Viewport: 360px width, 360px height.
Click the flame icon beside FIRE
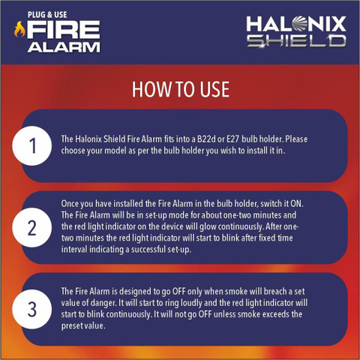tap(19, 29)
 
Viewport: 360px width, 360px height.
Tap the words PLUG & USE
tap(47, 15)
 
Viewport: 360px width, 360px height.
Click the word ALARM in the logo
tap(64, 47)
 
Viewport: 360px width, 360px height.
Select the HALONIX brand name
tap(296, 24)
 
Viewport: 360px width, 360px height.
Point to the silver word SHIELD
tap(297, 41)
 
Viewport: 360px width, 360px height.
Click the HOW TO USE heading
tap(181, 89)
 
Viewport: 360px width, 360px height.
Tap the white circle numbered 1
tap(32, 145)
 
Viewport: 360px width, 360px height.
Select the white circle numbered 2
tap(32, 227)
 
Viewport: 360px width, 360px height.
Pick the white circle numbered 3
tap(32, 309)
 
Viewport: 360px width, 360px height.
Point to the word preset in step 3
tap(72, 326)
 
